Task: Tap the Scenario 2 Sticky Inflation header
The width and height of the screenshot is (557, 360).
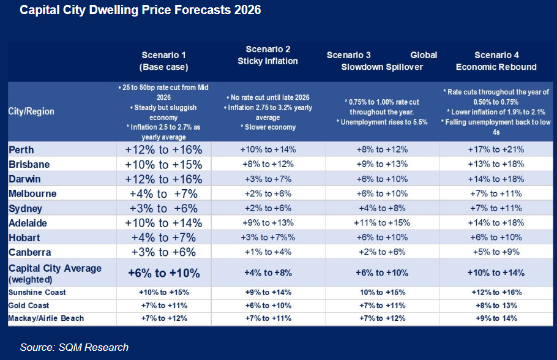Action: point(267,55)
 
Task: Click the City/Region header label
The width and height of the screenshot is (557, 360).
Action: point(31,111)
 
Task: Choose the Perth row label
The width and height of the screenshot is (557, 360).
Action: point(22,149)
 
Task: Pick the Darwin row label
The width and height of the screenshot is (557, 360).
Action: point(25,179)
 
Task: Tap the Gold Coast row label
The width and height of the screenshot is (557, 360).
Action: point(29,305)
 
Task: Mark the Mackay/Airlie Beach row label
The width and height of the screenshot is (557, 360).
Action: point(46,318)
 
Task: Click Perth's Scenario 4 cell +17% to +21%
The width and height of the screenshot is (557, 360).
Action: point(496,149)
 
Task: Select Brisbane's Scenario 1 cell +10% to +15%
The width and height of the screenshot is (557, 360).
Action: point(163,164)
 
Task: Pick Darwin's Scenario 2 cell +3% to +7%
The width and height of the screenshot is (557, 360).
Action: point(267,179)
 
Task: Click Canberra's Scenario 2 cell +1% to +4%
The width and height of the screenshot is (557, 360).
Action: point(267,252)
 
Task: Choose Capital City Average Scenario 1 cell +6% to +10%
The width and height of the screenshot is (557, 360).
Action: point(163,272)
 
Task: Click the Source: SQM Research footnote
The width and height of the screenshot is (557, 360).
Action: point(74,347)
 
